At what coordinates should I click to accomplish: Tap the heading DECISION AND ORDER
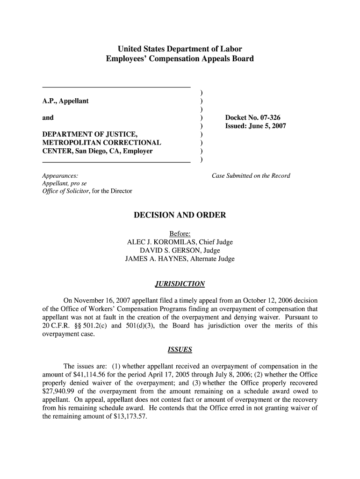180,216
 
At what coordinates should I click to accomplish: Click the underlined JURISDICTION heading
180,284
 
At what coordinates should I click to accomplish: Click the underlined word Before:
180,234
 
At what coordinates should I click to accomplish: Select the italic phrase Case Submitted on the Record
251,176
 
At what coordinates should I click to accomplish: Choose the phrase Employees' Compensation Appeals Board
180,59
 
